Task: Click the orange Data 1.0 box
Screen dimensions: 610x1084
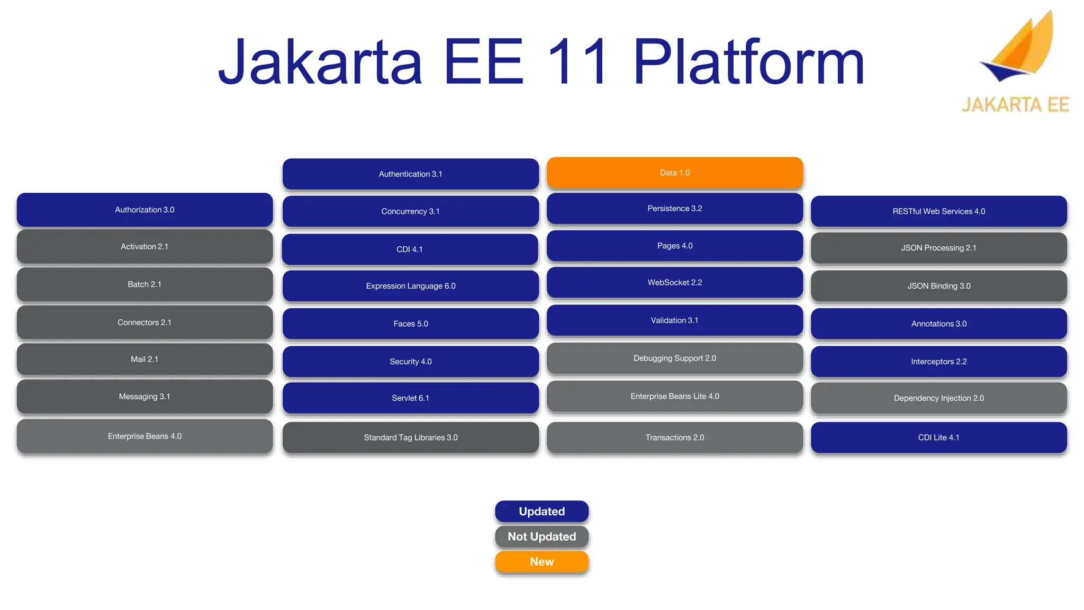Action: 675,173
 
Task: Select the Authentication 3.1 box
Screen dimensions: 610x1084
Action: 411,174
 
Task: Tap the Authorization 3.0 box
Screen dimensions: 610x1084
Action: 144,210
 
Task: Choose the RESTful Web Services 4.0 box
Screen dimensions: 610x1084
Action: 938,211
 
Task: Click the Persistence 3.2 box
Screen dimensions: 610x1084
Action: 675,209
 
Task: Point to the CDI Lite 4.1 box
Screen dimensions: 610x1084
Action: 938,437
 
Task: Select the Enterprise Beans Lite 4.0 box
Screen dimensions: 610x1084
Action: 675,396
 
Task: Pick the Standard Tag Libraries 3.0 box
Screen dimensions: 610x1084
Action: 411,437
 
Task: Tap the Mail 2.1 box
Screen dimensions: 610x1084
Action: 144,359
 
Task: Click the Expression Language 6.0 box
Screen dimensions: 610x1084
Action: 411,286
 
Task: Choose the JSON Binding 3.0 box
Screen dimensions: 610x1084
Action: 938,286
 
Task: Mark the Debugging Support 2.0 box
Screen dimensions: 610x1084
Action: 675,358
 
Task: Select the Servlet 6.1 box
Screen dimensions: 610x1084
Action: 411,398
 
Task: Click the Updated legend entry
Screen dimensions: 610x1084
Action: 541,512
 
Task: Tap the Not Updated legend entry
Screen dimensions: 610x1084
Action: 541,536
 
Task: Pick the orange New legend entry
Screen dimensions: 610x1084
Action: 541,562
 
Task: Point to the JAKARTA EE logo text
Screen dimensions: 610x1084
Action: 1015,104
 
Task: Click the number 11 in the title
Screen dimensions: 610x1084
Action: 578,62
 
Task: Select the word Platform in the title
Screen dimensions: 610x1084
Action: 748,62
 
